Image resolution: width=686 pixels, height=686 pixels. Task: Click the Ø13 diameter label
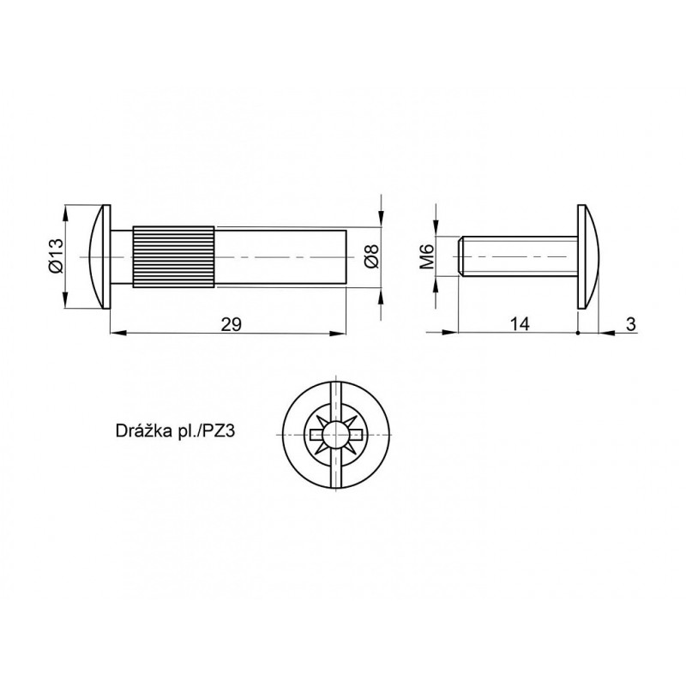56,256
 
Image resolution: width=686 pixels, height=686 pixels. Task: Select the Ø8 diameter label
371,256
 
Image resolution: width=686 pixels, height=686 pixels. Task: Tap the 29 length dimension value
231,325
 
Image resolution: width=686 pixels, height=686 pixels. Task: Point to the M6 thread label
426,256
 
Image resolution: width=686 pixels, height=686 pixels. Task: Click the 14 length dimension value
520,324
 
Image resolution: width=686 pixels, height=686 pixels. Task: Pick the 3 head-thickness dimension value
630,324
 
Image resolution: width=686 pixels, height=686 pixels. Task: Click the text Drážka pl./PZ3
176,431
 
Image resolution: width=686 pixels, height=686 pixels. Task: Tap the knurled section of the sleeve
174,256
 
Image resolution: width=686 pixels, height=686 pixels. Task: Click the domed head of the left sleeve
99,256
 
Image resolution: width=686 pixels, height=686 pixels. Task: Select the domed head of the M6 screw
588,256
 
